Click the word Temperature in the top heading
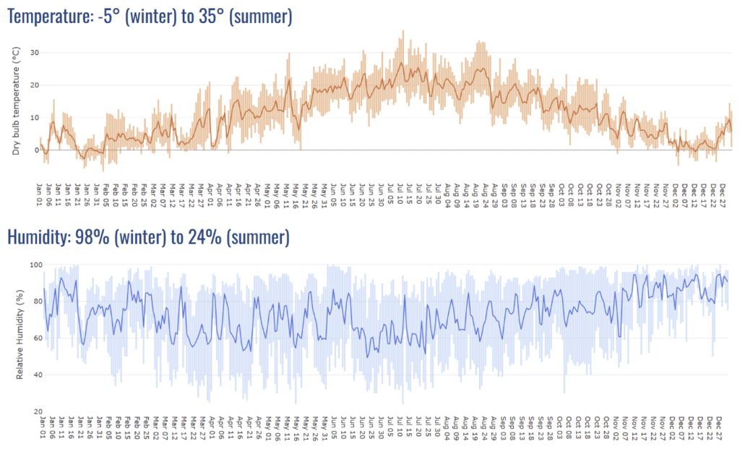(48, 16)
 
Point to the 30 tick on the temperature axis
(34, 53)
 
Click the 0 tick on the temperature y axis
(36, 150)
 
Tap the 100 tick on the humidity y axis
(31, 265)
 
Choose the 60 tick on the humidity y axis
(33, 338)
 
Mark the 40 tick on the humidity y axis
(33, 375)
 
